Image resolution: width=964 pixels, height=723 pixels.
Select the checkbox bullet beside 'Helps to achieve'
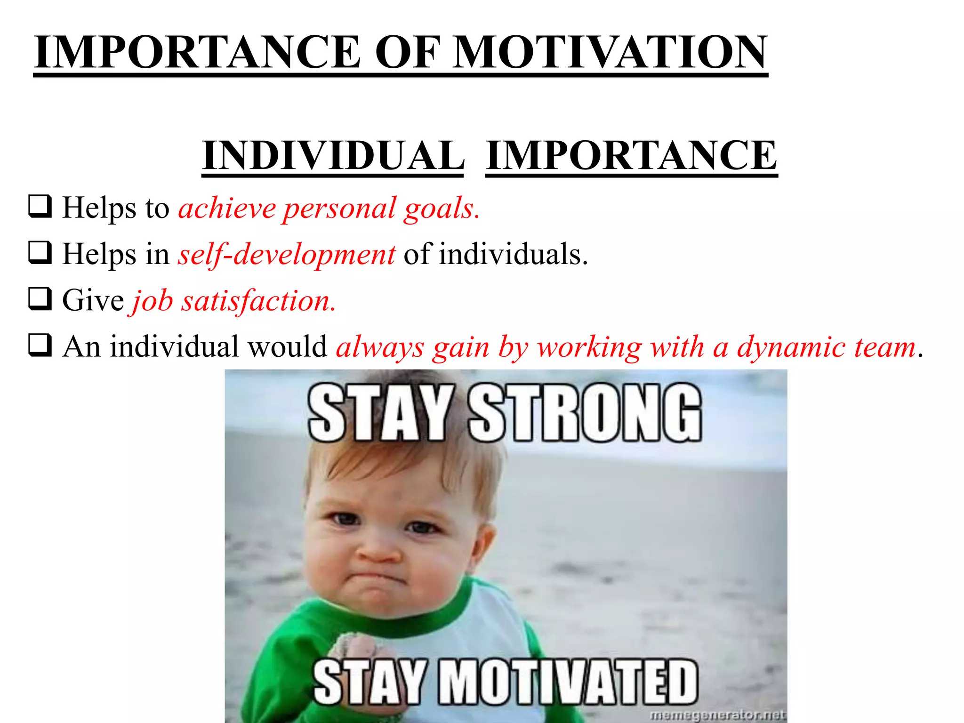click(x=40, y=207)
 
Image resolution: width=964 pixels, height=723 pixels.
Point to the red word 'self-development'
click(x=286, y=255)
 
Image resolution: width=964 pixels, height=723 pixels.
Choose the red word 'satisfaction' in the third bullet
click(x=258, y=301)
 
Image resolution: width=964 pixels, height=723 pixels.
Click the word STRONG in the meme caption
click(x=585, y=413)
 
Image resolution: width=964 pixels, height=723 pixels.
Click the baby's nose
click(x=377, y=551)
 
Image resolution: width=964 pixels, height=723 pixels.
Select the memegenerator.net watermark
click(x=717, y=715)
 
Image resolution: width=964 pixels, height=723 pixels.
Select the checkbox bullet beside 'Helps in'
click(x=40, y=253)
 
